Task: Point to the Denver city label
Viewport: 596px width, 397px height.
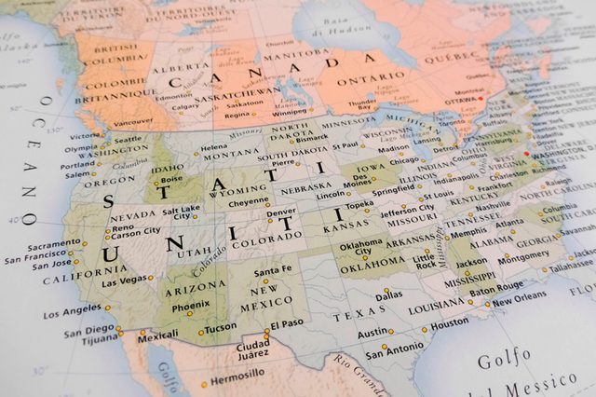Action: coord(281,212)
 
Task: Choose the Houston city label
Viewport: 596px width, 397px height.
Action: coord(451,322)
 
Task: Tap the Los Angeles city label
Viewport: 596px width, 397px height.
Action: coord(71,311)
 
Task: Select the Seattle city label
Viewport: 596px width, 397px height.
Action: coord(128,140)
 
